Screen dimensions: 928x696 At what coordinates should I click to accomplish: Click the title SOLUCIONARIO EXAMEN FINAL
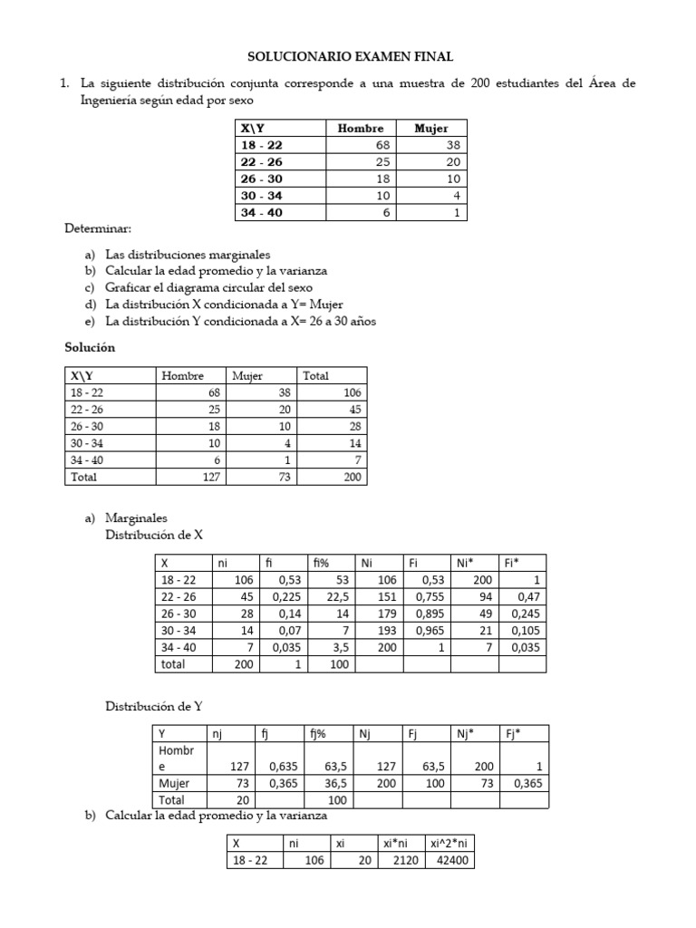(351, 56)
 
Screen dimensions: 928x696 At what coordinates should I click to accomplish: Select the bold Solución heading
(90, 348)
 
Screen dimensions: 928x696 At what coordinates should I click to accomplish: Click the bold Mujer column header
(430, 129)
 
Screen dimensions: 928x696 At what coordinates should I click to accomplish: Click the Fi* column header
(513, 563)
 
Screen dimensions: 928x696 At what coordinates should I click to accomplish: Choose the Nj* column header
(467, 734)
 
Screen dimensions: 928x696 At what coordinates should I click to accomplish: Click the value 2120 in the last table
(401, 860)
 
